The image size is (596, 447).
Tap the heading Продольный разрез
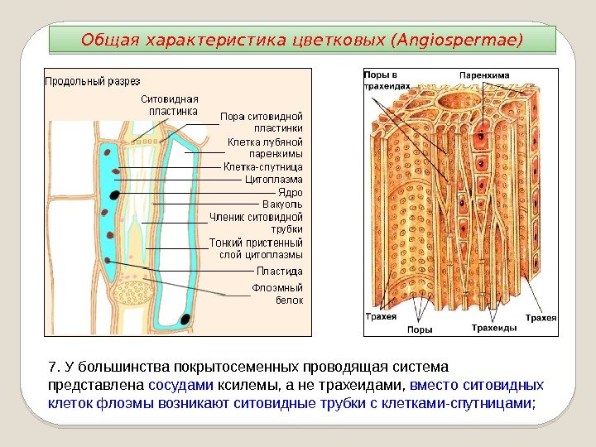point(92,81)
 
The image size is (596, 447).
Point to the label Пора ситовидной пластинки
point(261,122)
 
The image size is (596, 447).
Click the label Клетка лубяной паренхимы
point(265,147)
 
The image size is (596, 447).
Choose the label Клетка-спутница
point(262,166)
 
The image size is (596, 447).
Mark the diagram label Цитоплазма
point(274,179)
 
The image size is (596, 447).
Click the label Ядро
point(289,191)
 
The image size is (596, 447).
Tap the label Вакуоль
point(282,204)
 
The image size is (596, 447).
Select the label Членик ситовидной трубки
point(256,223)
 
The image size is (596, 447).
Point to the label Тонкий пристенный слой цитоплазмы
point(256,248)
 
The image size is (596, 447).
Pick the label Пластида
point(279,271)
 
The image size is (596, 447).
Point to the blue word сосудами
point(179,385)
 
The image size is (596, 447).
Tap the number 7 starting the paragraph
point(53,367)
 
